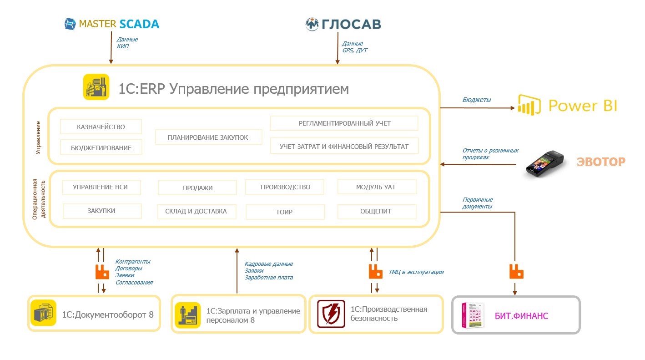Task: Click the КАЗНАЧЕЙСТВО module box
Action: tap(101, 127)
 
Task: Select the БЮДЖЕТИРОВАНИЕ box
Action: tap(101, 147)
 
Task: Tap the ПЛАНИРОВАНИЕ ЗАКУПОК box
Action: tap(208, 137)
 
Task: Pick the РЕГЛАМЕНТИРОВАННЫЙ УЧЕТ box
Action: tap(344, 123)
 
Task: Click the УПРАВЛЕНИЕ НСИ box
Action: tap(101, 187)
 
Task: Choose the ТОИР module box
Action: tap(285, 212)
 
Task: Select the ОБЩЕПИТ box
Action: tap(377, 211)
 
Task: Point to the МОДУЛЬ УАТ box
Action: tap(376, 187)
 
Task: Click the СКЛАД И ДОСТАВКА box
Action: tap(197, 211)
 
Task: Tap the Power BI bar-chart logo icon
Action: tap(529, 105)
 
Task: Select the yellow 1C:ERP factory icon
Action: tap(96, 86)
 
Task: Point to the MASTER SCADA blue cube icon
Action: tap(70, 24)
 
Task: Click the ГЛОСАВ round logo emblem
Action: tap(312, 24)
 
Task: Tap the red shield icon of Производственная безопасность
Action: tap(331, 314)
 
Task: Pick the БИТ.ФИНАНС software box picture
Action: tap(473, 315)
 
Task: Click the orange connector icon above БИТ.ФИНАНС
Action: tap(516, 272)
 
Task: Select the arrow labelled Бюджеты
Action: tap(478, 108)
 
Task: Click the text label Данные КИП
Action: tap(127, 43)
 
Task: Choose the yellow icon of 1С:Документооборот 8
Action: tap(44, 313)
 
